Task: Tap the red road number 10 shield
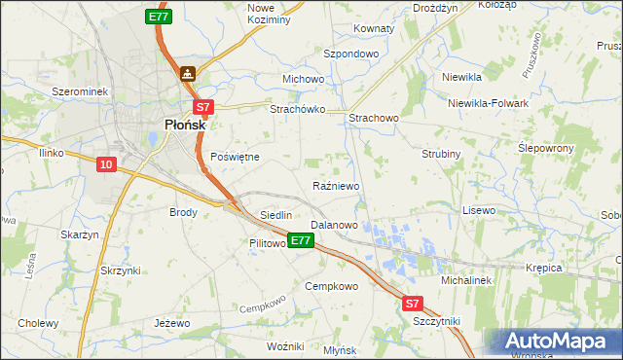coord(107,165)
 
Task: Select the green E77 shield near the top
coord(159,17)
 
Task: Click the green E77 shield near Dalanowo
coord(301,240)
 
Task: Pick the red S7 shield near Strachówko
coord(202,108)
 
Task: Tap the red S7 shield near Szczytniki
coord(414,304)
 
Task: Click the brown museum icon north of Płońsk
coord(187,73)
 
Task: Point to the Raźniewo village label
coord(337,186)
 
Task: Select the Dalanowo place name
coord(333,225)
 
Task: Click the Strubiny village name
coord(441,154)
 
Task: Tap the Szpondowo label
coord(350,54)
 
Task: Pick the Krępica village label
coord(544,266)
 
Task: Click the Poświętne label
coord(235,157)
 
